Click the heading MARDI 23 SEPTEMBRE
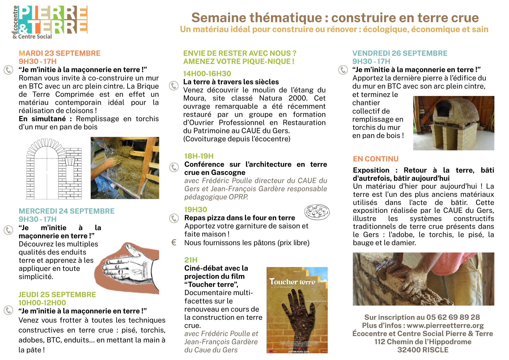click(x=60, y=53)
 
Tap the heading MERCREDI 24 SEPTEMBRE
click(x=66, y=211)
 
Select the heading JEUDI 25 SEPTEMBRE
click(x=57, y=295)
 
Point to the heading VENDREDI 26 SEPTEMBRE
click(x=400, y=53)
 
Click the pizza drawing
click(x=317, y=212)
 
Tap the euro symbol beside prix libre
click(x=174, y=242)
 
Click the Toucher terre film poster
click(x=297, y=310)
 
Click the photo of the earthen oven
click(x=454, y=123)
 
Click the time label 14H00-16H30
click(x=207, y=74)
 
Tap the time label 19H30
click(x=195, y=210)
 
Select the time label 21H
click(x=191, y=260)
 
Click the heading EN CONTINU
click(x=376, y=159)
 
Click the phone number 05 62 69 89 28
click(x=453, y=317)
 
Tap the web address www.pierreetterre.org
click(x=445, y=325)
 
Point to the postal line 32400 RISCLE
click(x=423, y=350)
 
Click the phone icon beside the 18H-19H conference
click(x=174, y=167)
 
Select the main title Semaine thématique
click(x=335, y=18)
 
